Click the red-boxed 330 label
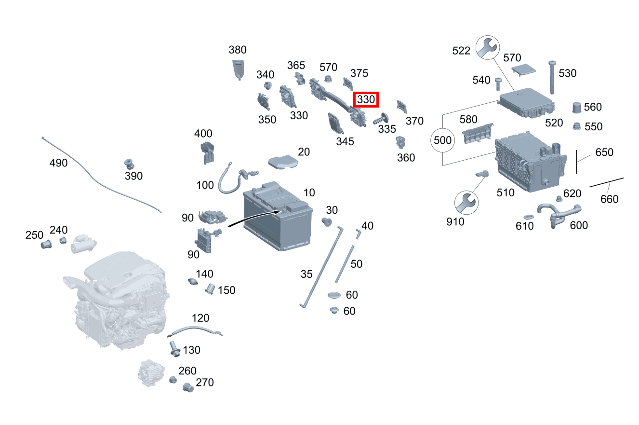(x=366, y=99)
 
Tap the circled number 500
(x=442, y=140)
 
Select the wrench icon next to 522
(x=488, y=47)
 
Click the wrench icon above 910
(x=466, y=203)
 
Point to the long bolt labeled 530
(x=552, y=77)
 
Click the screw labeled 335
(x=381, y=119)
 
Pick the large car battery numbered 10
(x=278, y=216)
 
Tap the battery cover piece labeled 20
(x=283, y=162)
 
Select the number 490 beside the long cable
(x=58, y=163)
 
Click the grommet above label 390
(x=129, y=164)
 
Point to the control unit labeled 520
(x=526, y=103)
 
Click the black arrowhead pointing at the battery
(x=277, y=212)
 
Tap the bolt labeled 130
(x=174, y=349)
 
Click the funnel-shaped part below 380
(x=238, y=69)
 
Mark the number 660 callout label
(x=609, y=199)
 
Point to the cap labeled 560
(x=577, y=107)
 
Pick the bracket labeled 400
(x=208, y=153)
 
